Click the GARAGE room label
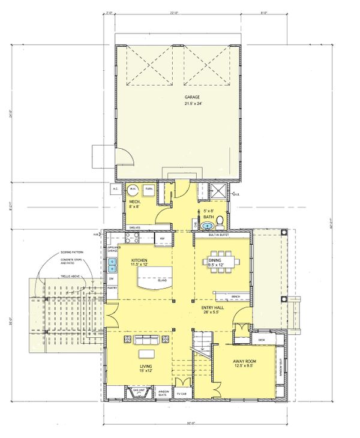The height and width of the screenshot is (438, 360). pyautogui.click(x=192, y=97)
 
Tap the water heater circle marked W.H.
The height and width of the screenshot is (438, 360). pyautogui.click(x=133, y=190)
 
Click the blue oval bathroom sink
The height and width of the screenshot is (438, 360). pyautogui.click(x=208, y=226)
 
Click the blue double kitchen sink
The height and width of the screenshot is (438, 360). pyautogui.click(x=112, y=263)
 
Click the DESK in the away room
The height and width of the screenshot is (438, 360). pyautogui.click(x=261, y=340)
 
